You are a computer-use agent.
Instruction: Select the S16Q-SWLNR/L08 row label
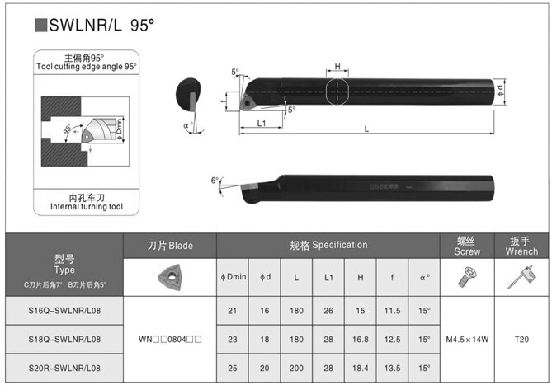[64, 308]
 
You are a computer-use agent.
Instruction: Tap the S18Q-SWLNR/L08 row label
[64, 338]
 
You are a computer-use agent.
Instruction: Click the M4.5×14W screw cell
[467, 338]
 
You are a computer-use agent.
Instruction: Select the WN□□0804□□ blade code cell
[169, 338]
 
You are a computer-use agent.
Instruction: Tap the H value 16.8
[361, 338]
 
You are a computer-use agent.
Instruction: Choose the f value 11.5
[393, 308]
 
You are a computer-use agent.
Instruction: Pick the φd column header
[264, 278]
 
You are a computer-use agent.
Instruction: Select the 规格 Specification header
[328, 245]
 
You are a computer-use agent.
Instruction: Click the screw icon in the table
[467, 279]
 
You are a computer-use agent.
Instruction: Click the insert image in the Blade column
[169, 277]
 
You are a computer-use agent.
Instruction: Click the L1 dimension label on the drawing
[260, 123]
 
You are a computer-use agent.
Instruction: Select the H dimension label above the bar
[337, 67]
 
